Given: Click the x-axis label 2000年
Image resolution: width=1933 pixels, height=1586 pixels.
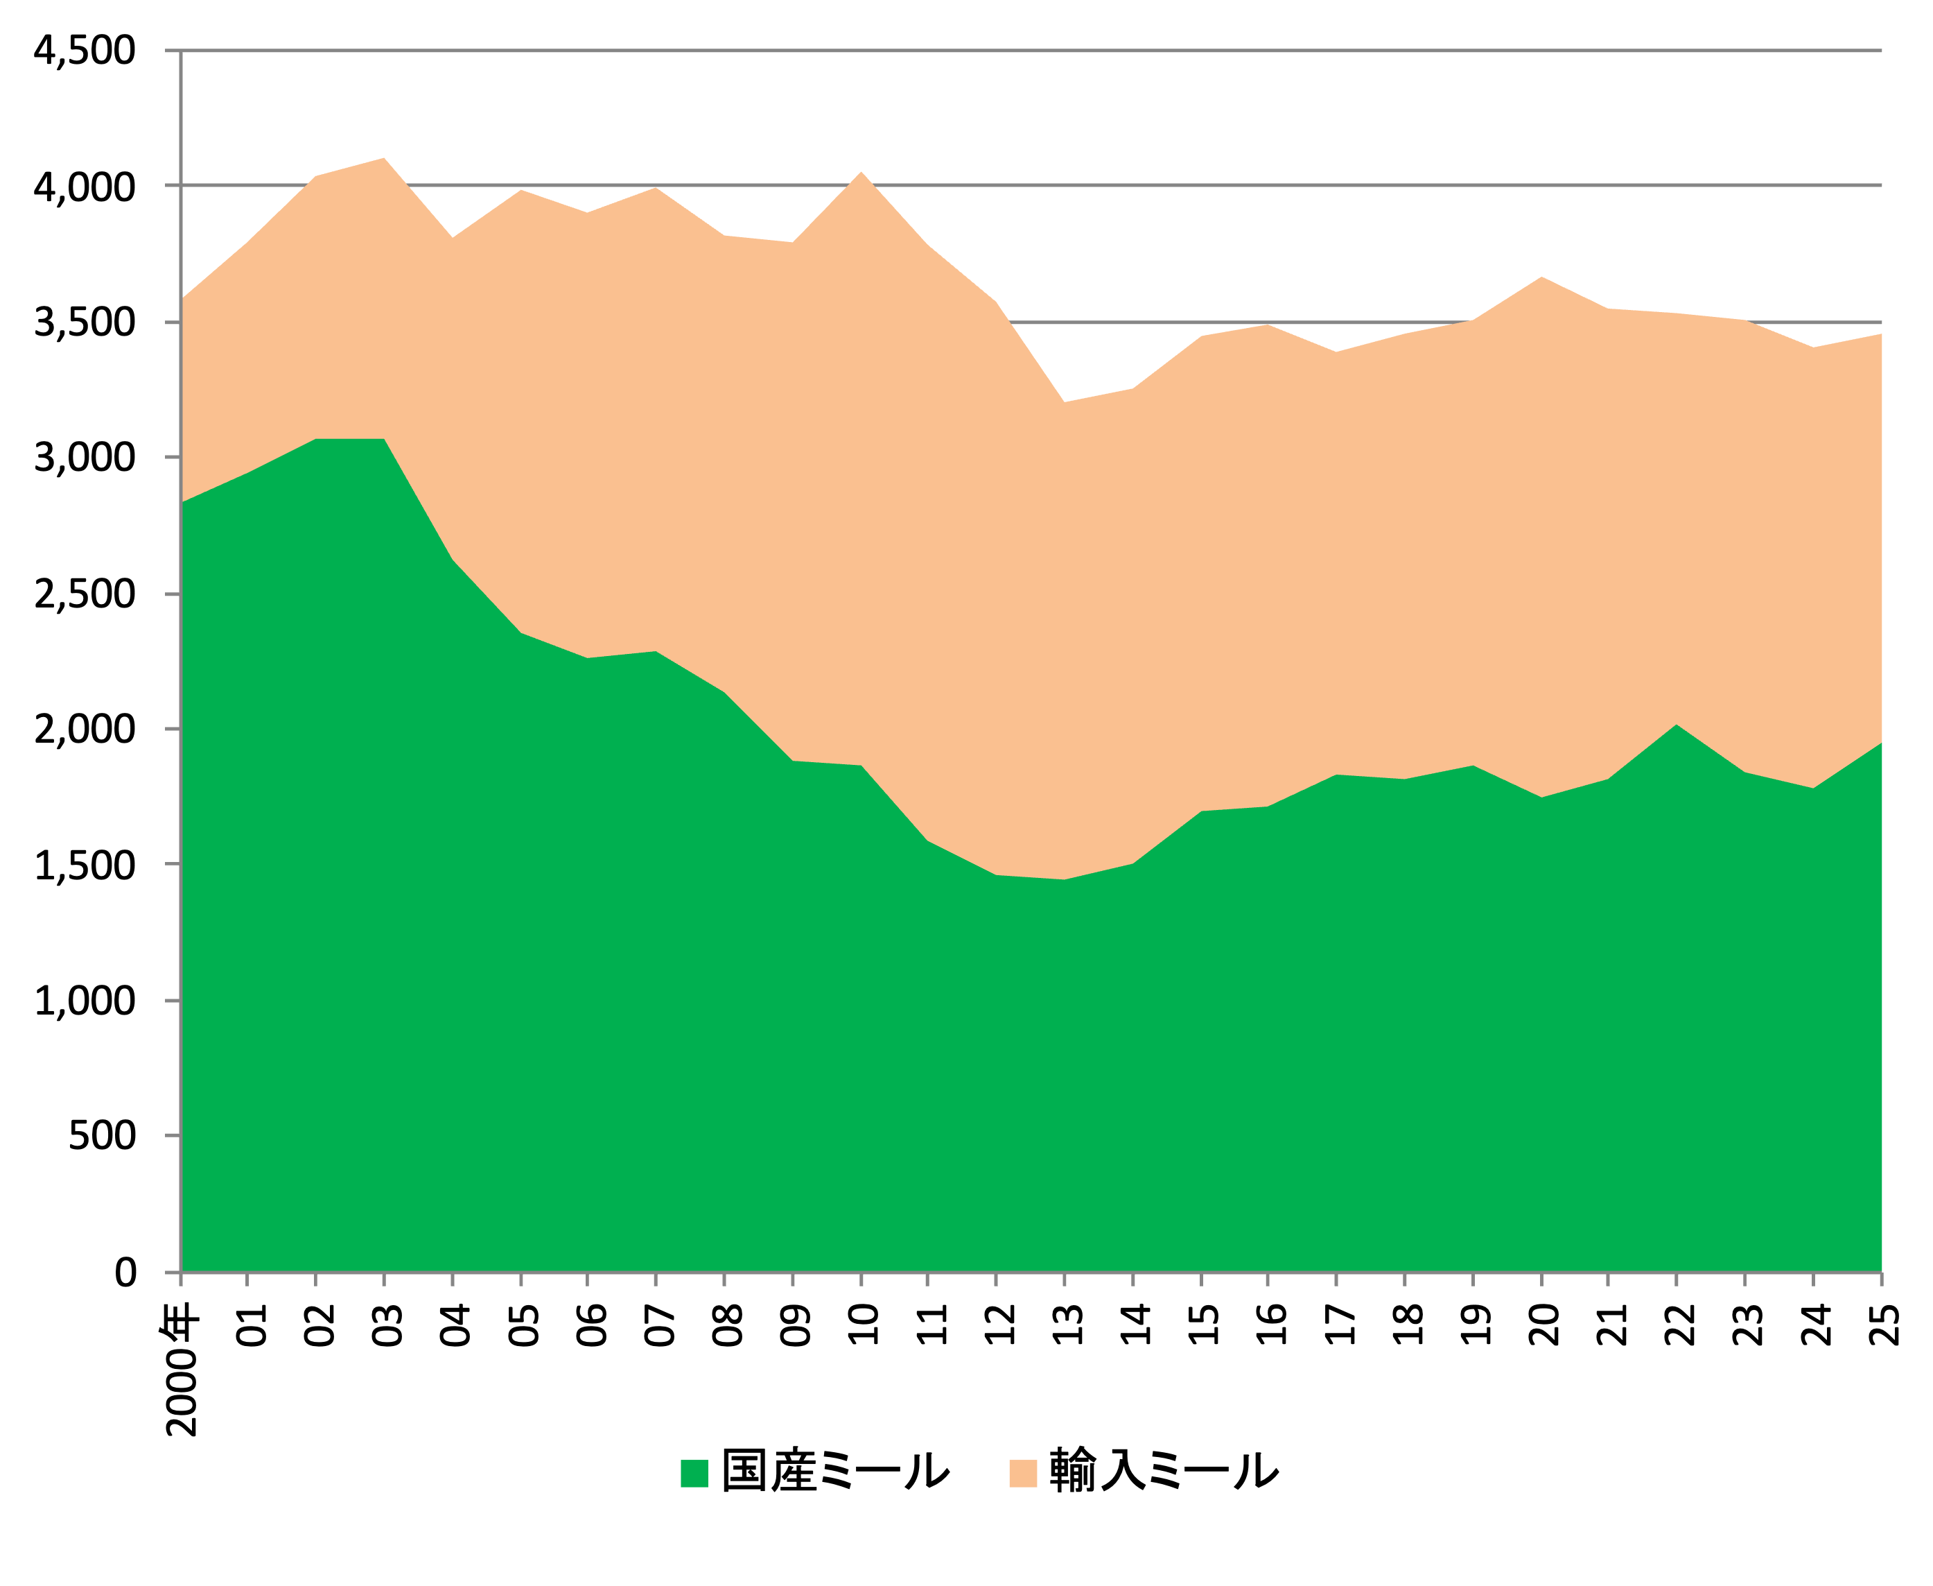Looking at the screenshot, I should tap(182, 1370).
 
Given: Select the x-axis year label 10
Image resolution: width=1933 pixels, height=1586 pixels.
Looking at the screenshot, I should tap(862, 1326).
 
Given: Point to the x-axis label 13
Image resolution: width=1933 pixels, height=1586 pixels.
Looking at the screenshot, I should tap(1065, 1326).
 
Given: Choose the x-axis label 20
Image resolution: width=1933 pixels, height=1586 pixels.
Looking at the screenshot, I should tap(1542, 1326).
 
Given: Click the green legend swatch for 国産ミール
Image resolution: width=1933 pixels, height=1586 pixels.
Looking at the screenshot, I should tap(694, 1474).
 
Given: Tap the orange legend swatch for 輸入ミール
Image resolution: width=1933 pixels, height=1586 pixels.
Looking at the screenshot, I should tap(1023, 1474).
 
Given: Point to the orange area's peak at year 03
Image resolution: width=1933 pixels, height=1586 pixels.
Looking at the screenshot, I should tap(385, 159).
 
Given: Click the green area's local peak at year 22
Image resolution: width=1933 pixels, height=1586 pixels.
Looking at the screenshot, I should tap(1677, 726).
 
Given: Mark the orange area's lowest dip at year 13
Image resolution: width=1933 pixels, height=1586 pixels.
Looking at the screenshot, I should tap(1065, 403).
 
